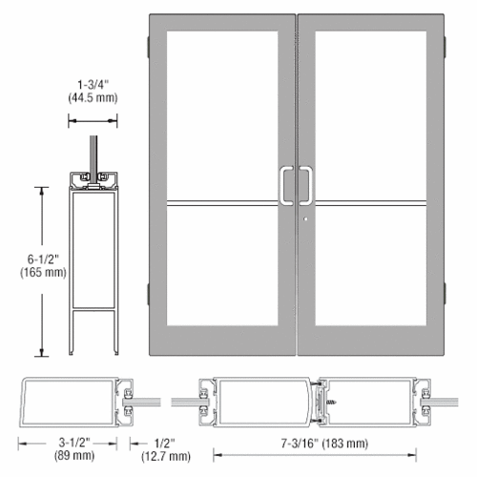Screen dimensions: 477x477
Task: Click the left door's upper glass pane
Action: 221,114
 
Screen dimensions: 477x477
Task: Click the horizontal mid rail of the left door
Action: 221,202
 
